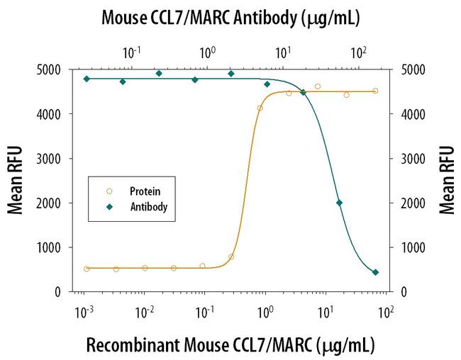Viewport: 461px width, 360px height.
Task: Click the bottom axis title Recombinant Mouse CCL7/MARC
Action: coord(230,345)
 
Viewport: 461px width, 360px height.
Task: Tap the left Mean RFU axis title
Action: coord(14,180)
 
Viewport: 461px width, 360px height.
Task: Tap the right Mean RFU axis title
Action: coord(446,180)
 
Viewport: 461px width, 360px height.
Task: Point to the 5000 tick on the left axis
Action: coord(60,69)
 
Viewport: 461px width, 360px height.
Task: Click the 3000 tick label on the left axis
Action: coord(60,159)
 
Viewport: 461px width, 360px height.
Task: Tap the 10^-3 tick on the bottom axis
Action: coord(85,311)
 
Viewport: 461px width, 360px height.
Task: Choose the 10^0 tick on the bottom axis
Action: coord(266,311)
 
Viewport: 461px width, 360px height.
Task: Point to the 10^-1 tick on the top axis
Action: coord(132,52)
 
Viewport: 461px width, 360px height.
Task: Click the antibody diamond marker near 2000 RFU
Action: coord(339,203)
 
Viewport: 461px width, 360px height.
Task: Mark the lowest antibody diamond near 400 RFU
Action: coord(375,272)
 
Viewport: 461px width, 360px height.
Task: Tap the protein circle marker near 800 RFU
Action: coord(231,257)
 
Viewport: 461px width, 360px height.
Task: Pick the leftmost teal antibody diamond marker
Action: coord(87,79)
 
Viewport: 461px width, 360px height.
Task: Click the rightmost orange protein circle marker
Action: coord(375,91)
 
